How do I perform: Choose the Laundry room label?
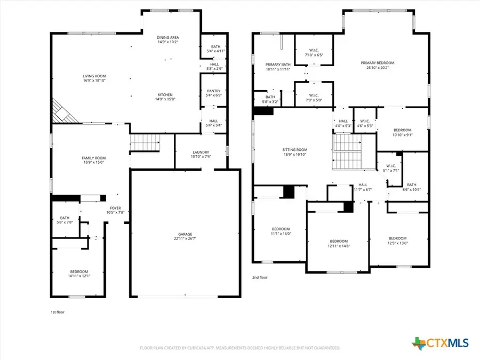(201, 154)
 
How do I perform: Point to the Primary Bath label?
(278, 66)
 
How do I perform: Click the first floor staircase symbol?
(146, 143)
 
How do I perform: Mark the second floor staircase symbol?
(347, 152)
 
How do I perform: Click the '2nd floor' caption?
(260, 277)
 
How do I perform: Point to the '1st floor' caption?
(57, 311)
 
